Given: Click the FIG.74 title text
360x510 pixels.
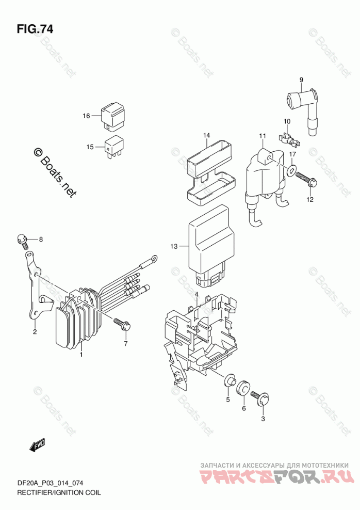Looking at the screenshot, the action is (35, 29).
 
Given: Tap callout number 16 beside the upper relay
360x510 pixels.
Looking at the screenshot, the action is (86, 116).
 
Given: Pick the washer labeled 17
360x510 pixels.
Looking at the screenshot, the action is (291, 170).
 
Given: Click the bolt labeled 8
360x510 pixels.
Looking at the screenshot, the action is (21, 238).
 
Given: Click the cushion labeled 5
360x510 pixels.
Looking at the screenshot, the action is (227, 380).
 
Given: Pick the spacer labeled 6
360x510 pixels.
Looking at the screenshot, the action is (242, 388).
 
